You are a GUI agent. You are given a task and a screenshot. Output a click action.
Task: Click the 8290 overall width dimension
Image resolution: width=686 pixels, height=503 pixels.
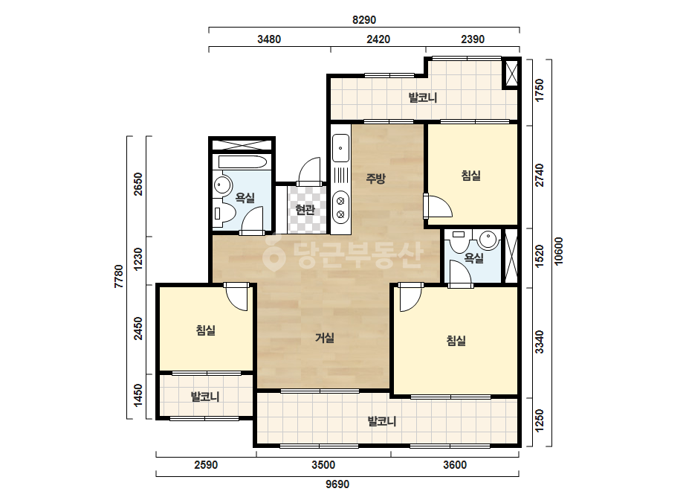[364, 20]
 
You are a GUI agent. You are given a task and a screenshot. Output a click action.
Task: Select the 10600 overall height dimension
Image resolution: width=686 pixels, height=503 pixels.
[559, 251]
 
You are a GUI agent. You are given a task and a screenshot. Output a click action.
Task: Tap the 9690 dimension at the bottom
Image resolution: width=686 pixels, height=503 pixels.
[337, 484]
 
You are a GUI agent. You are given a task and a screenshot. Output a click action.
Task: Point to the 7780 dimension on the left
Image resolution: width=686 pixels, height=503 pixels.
[119, 277]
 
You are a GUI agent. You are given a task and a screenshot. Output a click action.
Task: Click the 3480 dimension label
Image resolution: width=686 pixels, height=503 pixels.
[269, 39]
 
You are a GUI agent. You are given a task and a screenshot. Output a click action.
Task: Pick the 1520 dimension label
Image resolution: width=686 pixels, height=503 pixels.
[540, 256]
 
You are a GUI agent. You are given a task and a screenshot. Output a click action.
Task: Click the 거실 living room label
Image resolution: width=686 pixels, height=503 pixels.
[325, 338]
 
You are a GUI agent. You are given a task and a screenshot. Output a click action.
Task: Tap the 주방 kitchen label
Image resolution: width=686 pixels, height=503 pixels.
[375, 179]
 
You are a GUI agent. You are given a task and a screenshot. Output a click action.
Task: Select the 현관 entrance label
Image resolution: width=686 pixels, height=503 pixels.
[305, 209]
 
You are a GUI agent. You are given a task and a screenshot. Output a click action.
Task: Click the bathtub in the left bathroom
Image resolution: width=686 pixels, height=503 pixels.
[242, 162]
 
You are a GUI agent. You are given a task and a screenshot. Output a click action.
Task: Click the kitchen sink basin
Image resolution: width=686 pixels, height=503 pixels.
[340, 148]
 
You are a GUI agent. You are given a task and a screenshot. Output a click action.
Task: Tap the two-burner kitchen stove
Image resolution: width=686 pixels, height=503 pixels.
[340, 208]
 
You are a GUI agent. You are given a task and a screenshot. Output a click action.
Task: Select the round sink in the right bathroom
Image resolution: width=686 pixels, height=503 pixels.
[488, 240]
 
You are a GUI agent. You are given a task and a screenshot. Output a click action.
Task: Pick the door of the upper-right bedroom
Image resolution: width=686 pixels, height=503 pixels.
[438, 206]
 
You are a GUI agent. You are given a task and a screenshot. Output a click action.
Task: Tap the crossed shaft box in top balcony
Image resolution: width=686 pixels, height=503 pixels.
[511, 73]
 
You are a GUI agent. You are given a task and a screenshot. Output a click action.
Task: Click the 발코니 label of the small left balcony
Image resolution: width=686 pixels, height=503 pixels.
[205, 397]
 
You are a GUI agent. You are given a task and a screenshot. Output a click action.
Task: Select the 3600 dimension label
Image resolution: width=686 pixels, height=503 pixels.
[455, 465]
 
